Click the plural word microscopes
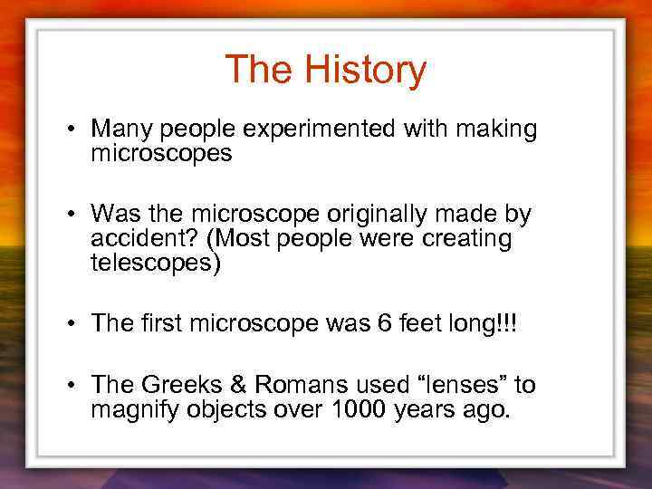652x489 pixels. pyautogui.click(x=161, y=154)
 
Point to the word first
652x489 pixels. pyautogui.click(x=159, y=324)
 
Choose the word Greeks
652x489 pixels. pyautogui.click(x=177, y=386)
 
